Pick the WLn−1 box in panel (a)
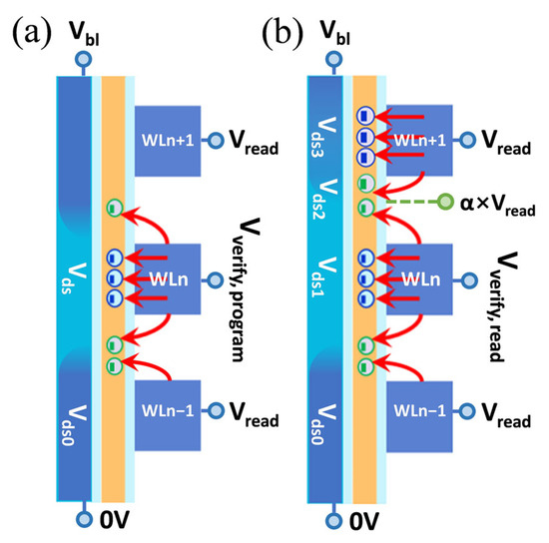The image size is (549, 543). tap(170, 410)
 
